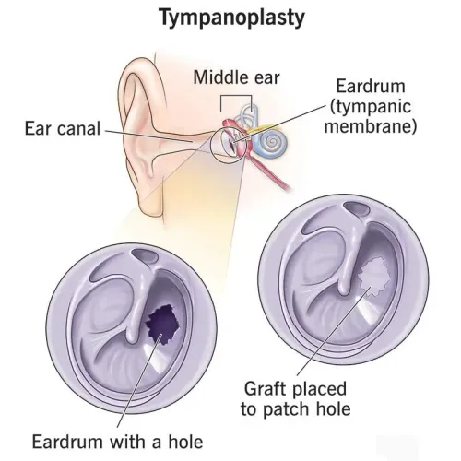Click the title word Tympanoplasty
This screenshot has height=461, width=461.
click(x=232, y=18)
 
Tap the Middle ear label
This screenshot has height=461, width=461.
click(x=236, y=77)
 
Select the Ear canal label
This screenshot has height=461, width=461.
click(x=63, y=128)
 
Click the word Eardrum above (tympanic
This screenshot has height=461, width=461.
click(x=371, y=86)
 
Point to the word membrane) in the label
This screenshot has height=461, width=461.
click(x=371, y=126)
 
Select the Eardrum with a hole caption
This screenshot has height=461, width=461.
click(x=118, y=442)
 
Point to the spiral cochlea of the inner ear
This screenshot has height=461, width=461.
click(x=272, y=142)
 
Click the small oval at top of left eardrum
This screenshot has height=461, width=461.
click(x=145, y=255)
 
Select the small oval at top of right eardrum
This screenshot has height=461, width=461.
click(x=356, y=209)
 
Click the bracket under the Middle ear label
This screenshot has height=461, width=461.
click(x=236, y=96)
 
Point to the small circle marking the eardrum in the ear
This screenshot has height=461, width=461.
click(x=210, y=146)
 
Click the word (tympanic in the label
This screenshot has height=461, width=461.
click(x=371, y=107)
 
